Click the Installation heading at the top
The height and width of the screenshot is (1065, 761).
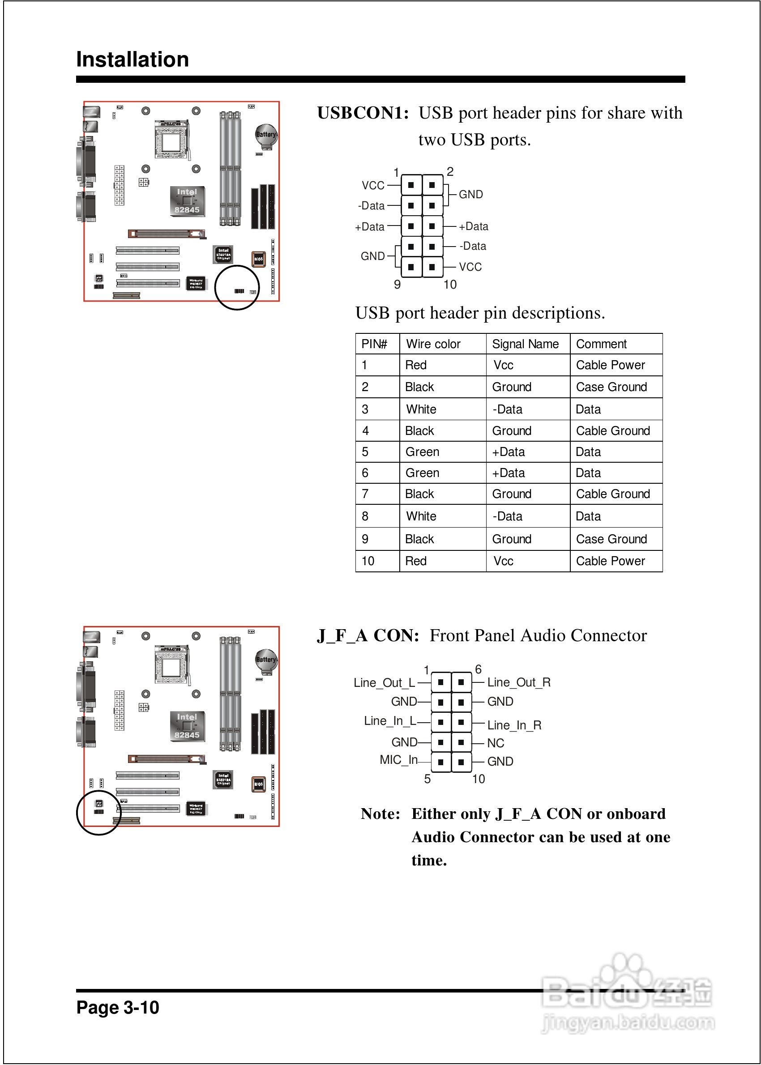(133, 60)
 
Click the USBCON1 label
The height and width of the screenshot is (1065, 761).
(363, 113)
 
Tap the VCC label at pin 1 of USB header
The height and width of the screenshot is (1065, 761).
(373, 185)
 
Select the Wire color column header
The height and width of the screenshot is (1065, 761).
(433, 344)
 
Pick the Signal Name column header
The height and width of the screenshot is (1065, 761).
(525, 344)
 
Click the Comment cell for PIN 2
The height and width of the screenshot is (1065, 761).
(611, 387)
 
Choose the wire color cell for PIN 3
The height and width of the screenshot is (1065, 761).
(421, 409)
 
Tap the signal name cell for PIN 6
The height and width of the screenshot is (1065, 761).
(509, 473)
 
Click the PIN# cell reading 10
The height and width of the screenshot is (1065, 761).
(368, 561)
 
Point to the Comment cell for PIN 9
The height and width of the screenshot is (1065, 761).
(611, 539)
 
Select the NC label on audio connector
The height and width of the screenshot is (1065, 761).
(496, 743)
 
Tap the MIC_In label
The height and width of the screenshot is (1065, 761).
(398, 760)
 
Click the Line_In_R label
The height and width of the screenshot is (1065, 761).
(514, 725)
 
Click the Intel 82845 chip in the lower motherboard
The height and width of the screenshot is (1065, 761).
(187, 726)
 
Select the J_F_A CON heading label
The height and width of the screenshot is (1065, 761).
(368, 635)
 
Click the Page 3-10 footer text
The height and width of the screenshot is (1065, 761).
(118, 1007)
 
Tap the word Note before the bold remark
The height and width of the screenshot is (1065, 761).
(380, 814)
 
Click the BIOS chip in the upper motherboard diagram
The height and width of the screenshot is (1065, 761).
(259, 259)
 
